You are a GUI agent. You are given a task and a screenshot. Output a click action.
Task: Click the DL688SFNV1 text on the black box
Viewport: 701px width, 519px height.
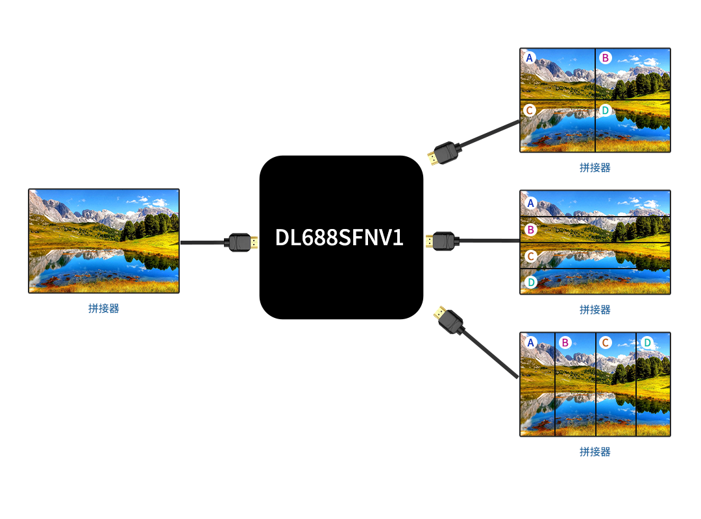coord(339,237)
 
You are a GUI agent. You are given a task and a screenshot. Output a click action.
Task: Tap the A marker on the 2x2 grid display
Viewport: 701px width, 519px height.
coord(530,58)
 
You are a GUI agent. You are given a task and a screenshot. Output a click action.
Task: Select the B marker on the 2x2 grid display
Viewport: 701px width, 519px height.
coord(605,58)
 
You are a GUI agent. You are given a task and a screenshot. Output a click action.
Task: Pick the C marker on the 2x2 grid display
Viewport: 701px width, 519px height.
coord(530,110)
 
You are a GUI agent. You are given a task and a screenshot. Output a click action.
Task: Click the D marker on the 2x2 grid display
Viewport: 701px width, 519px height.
coord(605,110)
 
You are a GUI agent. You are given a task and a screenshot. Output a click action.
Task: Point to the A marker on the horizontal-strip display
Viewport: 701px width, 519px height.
coord(530,203)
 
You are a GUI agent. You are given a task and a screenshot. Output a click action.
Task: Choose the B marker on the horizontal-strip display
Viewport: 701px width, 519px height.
coord(530,229)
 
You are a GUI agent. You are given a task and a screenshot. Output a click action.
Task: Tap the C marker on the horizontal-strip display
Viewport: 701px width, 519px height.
coord(530,256)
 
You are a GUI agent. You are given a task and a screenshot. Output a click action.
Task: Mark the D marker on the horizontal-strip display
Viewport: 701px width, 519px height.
coord(530,282)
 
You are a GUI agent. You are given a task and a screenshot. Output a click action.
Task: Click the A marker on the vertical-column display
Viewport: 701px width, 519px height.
coord(531,343)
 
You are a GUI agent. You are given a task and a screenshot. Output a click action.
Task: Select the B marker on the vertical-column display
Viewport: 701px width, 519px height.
coord(565,343)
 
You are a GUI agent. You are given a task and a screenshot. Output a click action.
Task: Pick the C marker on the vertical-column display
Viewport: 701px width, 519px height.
coord(605,343)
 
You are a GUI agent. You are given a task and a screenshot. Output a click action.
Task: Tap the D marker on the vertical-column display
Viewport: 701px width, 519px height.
coord(646,343)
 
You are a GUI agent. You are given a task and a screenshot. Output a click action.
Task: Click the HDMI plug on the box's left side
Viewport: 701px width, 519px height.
coord(241,242)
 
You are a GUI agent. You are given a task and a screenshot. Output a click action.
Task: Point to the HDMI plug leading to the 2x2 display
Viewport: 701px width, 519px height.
coord(443,154)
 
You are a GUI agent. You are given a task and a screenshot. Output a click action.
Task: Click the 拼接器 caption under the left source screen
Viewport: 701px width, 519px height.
coord(104,308)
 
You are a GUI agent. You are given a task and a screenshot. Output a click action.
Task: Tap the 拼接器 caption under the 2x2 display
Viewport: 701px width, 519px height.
coord(595,167)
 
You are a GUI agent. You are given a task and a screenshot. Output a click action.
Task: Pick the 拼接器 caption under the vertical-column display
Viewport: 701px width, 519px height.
coord(595,452)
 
